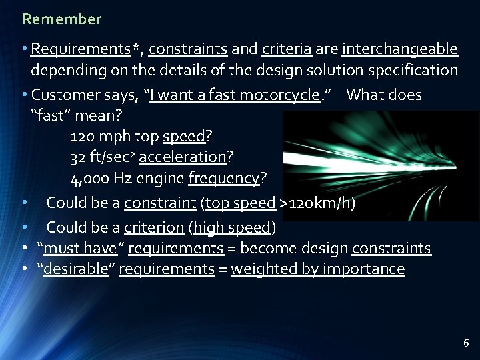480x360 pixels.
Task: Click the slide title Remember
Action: [x=61, y=19]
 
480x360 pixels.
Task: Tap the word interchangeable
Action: [x=399, y=49]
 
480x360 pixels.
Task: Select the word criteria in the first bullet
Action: [x=287, y=49]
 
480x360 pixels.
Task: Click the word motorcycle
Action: [x=279, y=95]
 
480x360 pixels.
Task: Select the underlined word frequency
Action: [x=224, y=179]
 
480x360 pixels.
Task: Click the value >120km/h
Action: [x=317, y=203]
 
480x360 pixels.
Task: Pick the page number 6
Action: [x=466, y=343]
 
